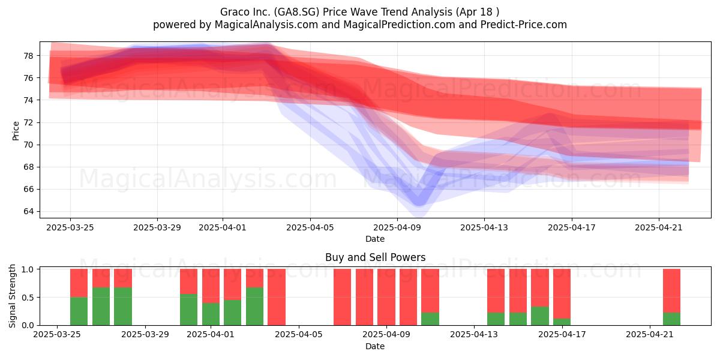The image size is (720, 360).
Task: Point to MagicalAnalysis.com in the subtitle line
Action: (x=266, y=25)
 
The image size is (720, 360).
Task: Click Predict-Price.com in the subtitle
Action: (x=524, y=25)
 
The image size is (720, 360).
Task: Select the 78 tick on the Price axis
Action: (x=29, y=56)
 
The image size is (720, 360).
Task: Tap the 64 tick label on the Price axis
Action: (x=29, y=211)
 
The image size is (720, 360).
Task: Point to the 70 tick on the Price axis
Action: (x=29, y=145)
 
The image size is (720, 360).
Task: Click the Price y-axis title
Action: (x=16, y=131)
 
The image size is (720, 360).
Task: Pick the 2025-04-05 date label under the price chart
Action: (x=310, y=227)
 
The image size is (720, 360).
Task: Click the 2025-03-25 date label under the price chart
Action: (x=70, y=227)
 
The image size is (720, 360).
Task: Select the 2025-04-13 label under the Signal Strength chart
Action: (x=474, y=334)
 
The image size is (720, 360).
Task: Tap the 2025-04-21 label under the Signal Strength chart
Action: (x=650, y=334)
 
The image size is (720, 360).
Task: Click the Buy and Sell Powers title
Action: (x=375, y=257)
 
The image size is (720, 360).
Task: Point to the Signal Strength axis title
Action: (x=12, y=296)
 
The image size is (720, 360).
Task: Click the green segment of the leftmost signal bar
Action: (x=79, y=311)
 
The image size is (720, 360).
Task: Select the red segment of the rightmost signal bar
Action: (x=671, y=290)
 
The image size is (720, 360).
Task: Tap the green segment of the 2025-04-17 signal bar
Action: (x=562, y=322)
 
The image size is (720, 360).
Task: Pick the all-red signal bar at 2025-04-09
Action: (x=386, y=297)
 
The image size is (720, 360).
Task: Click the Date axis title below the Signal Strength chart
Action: (x=375, y=346)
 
